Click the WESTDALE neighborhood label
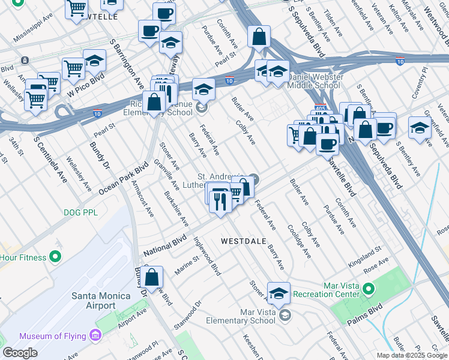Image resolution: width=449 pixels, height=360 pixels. pos(243,241)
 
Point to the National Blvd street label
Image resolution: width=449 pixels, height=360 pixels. pos(163,245)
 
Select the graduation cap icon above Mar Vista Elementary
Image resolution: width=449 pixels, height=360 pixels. pos(279,294)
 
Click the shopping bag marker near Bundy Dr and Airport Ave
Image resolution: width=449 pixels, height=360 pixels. pos(153,278)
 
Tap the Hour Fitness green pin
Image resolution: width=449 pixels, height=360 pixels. pos(55,257)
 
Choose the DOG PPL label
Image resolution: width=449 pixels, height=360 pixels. pos(81,212)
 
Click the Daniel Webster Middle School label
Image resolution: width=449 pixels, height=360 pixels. pos(316,82)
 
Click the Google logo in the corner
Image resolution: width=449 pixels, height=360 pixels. pos(20,352)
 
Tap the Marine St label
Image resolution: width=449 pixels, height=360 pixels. pos(187,265)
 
